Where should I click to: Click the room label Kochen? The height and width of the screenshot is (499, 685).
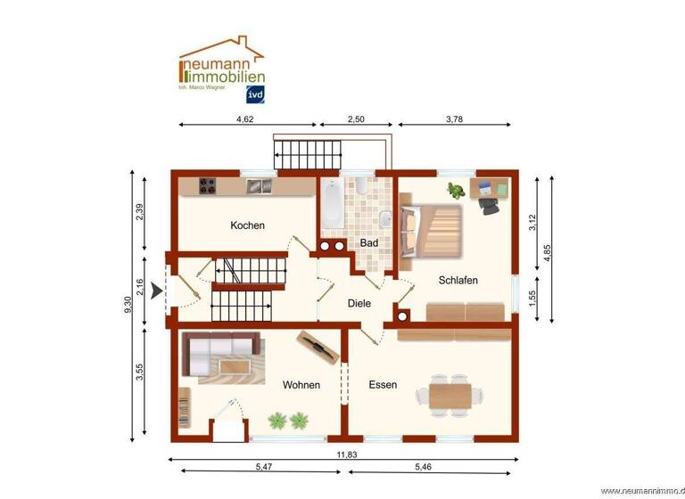click(247, 225)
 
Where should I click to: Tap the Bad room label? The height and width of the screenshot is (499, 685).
click(369, 242)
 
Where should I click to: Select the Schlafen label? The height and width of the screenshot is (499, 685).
click(458, 280)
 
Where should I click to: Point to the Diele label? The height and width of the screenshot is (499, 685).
click(359, 303)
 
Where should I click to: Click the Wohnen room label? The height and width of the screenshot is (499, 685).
click(301, 385)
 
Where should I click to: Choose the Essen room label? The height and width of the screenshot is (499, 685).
click(383, 385)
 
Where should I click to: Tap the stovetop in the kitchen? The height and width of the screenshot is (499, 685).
click(209, 185)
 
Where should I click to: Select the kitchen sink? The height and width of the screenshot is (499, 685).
click(260, 185)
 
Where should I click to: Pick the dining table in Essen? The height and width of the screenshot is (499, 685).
click(450, 392)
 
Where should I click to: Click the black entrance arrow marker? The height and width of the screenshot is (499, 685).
click(157, 290)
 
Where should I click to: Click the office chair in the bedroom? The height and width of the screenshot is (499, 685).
click(490, 205)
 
